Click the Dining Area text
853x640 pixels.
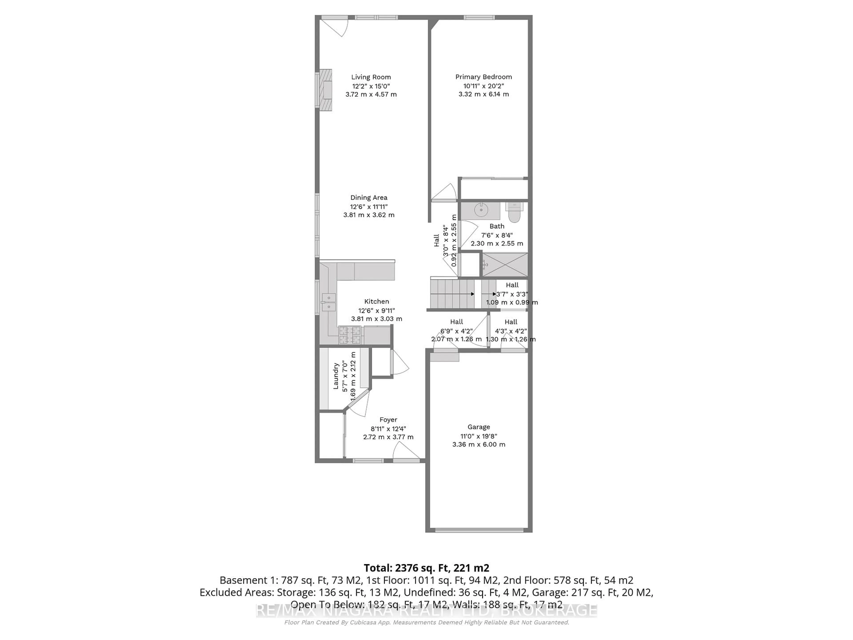369,198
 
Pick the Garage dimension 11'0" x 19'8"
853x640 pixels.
478,436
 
